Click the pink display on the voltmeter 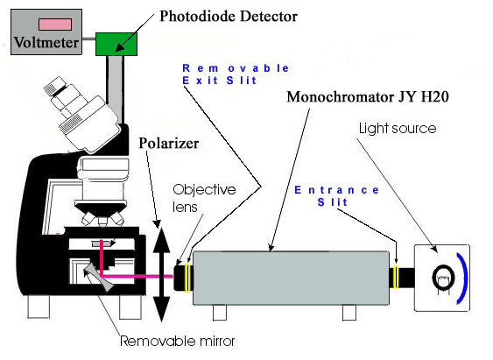55,25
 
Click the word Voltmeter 46,42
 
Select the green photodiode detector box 116,44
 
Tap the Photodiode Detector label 229,17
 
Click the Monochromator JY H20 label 368,96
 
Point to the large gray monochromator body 291,278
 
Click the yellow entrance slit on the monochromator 396,277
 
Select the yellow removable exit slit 188,278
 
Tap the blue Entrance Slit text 336,196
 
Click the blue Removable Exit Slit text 236,74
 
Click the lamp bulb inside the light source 443,278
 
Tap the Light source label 398,128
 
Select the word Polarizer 169,144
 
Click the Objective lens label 204,198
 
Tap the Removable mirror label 178,341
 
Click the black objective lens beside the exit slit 180,278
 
